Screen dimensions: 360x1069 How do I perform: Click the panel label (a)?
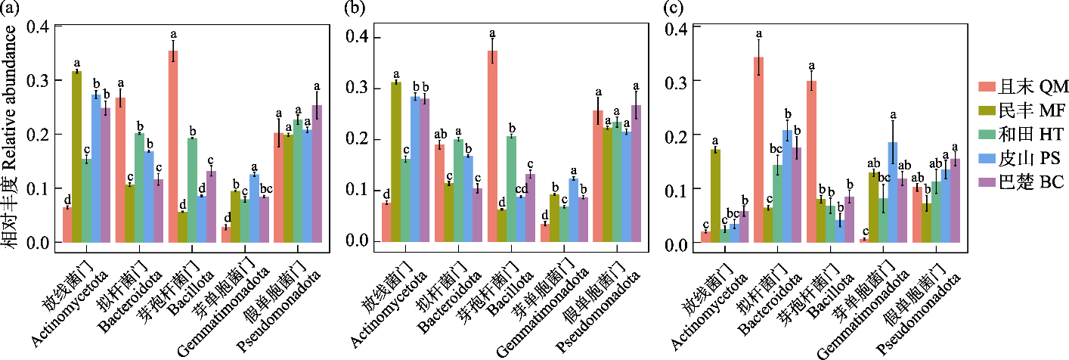coord(11,10)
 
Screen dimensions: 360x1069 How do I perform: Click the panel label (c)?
coord(671,10)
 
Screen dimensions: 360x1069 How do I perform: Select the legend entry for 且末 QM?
coord(1016,83)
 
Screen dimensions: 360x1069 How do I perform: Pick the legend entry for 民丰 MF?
coord(1016,111)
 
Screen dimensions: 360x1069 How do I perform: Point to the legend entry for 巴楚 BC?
coord(1016,182)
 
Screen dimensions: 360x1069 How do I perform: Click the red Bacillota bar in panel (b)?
coord(492,147)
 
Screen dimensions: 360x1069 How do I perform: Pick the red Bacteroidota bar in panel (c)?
coord(758,151)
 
